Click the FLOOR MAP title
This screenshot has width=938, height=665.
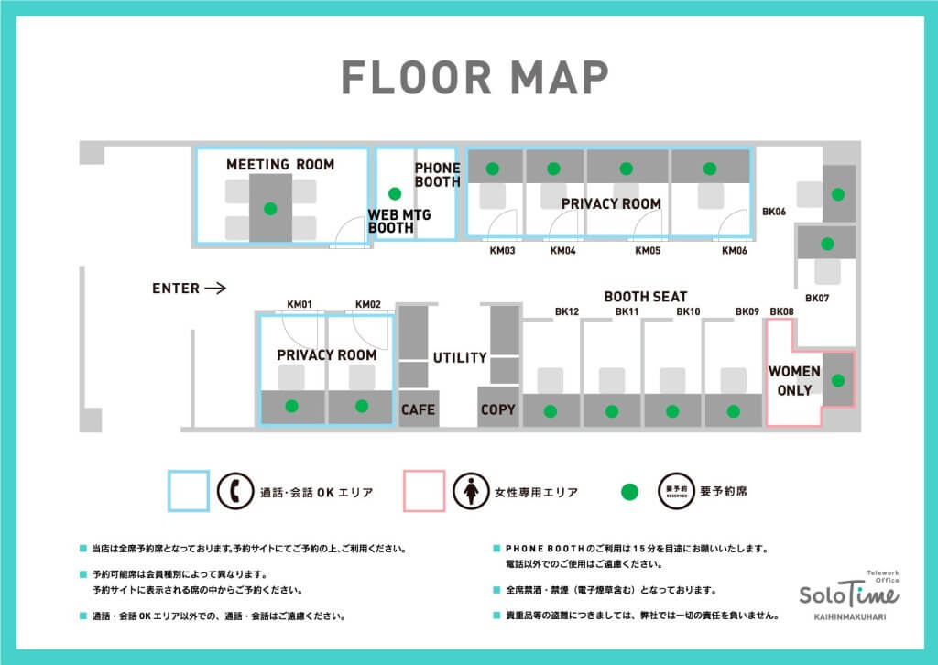(475, 77)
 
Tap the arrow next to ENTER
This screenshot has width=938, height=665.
(215, 289)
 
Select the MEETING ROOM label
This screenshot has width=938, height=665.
(280, 165)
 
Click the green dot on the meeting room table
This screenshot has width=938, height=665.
(270, 209)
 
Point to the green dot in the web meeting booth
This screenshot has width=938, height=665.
(395, 194)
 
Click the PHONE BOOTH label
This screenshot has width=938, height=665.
(438, 175)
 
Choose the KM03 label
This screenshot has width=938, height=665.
(503, 251)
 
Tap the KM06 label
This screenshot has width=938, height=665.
(735, 251)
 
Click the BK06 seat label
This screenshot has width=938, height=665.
(774, 212)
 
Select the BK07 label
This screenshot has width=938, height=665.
(817, 298)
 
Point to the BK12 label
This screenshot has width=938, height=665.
(567, 311)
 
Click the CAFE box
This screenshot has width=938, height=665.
(419, 409)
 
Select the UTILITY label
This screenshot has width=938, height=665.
(460, 357)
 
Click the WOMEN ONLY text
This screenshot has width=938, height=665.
(794, 380)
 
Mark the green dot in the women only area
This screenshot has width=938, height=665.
(838, 380)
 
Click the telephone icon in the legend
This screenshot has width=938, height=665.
(235, 491)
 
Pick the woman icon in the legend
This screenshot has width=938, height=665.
(471, 491)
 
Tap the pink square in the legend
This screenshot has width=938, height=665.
(424, 491)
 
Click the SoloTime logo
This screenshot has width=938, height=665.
(849, 595)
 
